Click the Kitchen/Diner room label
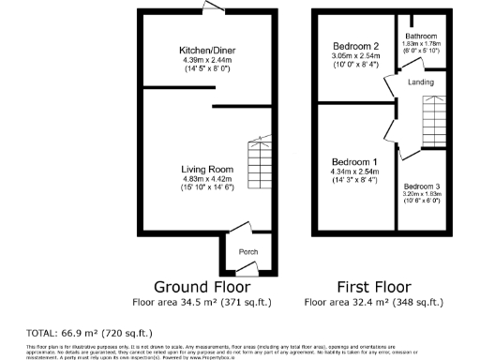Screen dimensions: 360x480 click(x=207, y=50)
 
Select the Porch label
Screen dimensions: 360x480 click(x=248, y=252)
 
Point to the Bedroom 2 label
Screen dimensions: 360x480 click(x=356, y=46)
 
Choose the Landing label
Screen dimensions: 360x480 click(x=421, y=82)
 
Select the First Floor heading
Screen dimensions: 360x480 click(x=373, y=286)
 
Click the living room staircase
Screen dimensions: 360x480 click(x=259, y=165)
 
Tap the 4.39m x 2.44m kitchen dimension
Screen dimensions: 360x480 click(x=207, y=60)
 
